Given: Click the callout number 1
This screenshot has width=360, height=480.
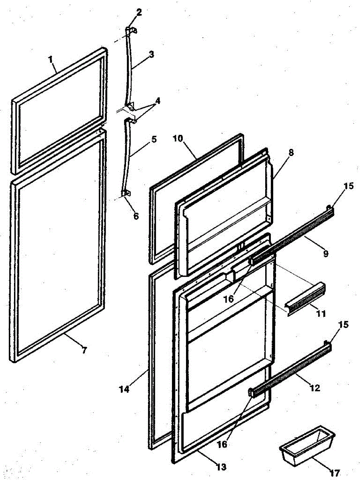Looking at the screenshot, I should click(51, 60).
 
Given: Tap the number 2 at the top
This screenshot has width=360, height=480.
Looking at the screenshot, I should click(138, 12).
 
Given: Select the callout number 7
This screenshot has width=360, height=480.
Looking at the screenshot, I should click(84, 351).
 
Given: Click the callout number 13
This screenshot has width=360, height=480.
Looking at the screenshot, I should click(221, 466).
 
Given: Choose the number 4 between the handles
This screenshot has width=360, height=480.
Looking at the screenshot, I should click(158, 101).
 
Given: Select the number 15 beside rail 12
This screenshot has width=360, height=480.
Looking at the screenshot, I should click(343, 324).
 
